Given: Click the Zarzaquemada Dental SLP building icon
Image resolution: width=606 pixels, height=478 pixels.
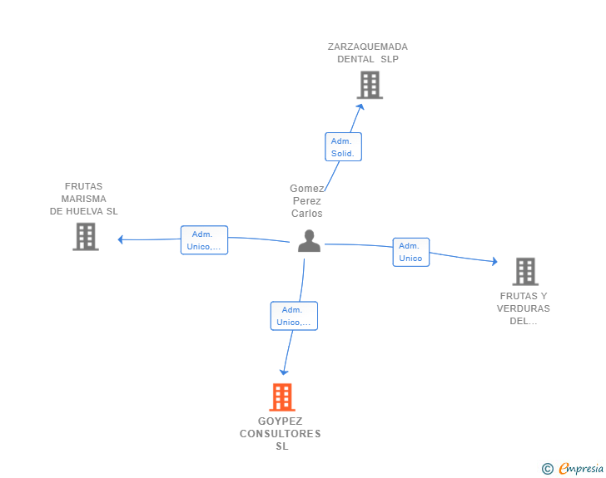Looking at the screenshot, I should pyautogui.click(x=370, y=85).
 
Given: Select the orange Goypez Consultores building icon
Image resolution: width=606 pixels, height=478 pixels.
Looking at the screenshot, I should pyautogui.click(x=282, y=397).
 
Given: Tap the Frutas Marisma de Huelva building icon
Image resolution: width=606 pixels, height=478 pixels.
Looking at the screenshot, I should pyautogui.click(x=86, y=237).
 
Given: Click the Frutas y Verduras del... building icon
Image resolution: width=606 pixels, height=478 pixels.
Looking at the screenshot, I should pyautogui.click(x=525, y=272).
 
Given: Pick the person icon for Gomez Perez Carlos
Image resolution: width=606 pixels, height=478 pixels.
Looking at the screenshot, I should pyautogui.click(x=309, y=241).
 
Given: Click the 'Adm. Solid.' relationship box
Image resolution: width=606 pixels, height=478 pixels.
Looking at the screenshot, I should pyautogui.click(x=343, y=147).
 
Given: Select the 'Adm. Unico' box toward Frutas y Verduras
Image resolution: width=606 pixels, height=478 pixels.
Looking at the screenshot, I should pyautogui.click(x=410, y=252).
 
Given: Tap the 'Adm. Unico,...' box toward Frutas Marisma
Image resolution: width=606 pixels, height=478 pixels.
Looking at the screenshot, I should pyautogui.click(x=204, y=240).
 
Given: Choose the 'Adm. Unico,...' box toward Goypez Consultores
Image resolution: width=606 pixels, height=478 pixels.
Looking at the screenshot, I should pyautogui.click(x=294, y=316).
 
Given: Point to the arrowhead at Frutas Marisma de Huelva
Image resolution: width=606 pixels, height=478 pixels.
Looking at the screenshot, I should pyautogui.click(x=121, y=239).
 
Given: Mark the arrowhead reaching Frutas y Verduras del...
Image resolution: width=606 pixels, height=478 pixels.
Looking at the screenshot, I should pyautogui.click(x=494, y=262).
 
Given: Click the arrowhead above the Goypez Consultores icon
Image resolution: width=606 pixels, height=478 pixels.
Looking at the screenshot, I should pyautogui.click(x=284, y=372).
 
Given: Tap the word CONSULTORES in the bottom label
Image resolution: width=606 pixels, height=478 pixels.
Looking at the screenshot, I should pyautogui.click(x=281, y=434).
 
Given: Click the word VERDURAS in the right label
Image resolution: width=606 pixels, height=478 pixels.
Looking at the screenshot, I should pyautogui.click(x=524, y=308).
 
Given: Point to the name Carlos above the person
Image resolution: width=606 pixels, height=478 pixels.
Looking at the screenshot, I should pyautogui.click(x=306, y=214).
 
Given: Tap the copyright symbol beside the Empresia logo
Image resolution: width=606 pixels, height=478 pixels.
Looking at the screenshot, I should pyautogui.click(x=547, y=469).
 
